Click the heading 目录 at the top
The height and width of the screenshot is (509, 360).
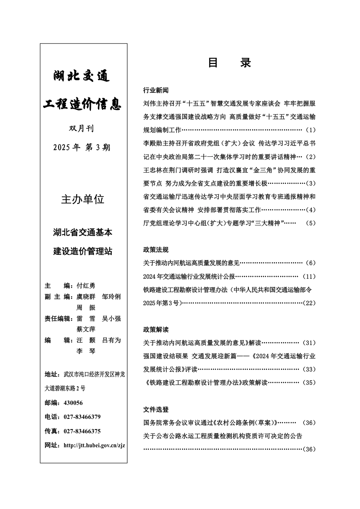[x=229, y=63]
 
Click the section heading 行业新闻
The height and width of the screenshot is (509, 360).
[x=156, y=90]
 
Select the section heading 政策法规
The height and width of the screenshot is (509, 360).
[x=156, y=250]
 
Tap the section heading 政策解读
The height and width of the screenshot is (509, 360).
[x=156, y=329]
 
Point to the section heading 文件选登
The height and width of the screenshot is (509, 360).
[x=156, y=409]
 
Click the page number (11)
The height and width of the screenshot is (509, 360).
[x=310, y=276]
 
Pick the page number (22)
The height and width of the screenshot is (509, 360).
[x=310, y=303]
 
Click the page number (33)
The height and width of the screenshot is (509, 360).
[x=310, y=369]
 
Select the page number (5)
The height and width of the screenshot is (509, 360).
[x=310, y=223]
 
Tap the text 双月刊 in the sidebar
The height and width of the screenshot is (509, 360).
[x=81, y=129]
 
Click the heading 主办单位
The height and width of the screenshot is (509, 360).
[x=83, y=199]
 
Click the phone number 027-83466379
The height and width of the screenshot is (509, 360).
[x=82, y=417]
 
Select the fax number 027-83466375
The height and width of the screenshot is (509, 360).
[x=82, y=431]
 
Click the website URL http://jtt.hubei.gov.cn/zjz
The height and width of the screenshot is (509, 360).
[x=94, y=445]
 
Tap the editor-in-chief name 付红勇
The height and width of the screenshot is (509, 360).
[x=86, y=286]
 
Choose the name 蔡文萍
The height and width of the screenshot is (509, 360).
[x=86, y=329]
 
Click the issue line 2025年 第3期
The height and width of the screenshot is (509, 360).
[x=82, y=148]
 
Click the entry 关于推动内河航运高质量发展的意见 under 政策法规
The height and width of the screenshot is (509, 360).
[x=191, y=263]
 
